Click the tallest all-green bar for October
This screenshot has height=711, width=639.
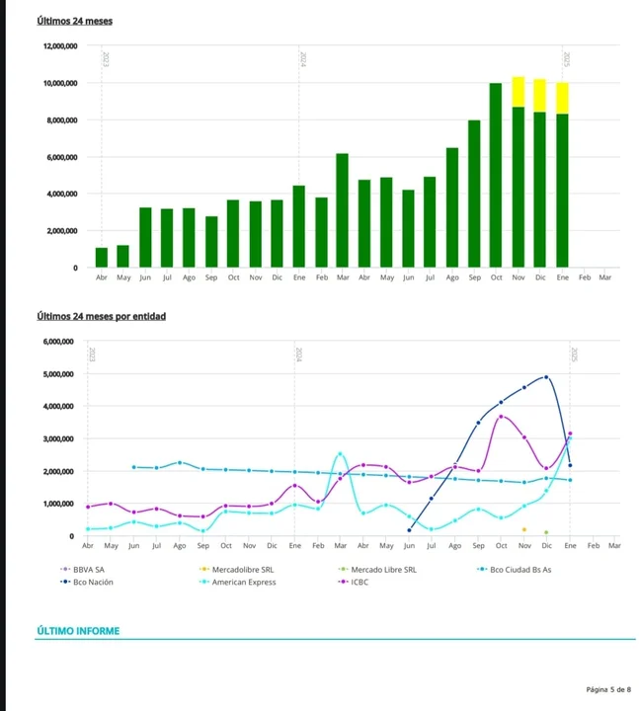click(496, 175)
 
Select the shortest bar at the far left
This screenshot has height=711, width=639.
click(102, 257)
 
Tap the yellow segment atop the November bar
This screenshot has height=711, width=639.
click(519, 91)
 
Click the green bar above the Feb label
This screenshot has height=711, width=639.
click(321, 232)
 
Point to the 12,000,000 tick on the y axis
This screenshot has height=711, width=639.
click(60, 46)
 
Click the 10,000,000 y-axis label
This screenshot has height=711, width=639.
click(60, 83)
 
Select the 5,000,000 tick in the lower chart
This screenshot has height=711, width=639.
click(59, 374)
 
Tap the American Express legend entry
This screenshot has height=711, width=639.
click(243, 583)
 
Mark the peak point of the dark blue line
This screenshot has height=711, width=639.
click(546, 376)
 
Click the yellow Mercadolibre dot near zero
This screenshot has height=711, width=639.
click(523, 530)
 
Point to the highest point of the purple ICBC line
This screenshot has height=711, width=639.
click(502, 416)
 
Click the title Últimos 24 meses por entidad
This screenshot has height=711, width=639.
click(101, 316)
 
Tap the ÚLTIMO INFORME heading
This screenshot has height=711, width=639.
click(77, 631)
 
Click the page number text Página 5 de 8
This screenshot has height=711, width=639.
click(607, 689)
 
